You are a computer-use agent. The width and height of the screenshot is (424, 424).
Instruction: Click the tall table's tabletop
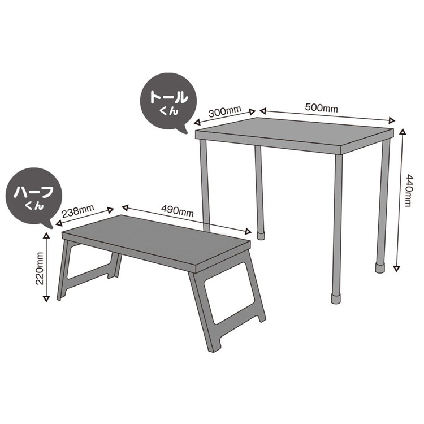[x=294, y=133]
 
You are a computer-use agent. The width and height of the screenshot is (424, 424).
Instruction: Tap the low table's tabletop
[x=155, y=237]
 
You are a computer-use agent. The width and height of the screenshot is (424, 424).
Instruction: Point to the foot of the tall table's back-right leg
[x=380, y=266]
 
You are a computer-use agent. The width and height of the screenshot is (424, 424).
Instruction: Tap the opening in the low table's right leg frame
[x=229, y=302]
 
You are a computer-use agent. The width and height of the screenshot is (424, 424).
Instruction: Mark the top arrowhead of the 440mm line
[x=403, y=132]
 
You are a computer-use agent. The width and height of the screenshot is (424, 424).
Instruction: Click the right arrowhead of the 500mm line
[x=392, y=119]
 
